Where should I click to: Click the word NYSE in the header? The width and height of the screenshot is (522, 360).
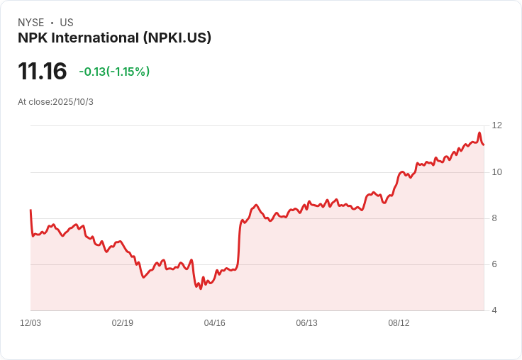point(30,23)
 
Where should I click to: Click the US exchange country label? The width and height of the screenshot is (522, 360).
point(67,23)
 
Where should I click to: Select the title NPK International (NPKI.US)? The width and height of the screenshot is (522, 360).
point(114,38)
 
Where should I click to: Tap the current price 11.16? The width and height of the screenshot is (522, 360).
point(43,72)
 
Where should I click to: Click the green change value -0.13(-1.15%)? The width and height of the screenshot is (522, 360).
point(114,72)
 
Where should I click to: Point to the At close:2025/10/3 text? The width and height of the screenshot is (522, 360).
point(55,102)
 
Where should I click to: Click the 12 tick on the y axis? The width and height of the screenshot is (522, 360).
point(496,125)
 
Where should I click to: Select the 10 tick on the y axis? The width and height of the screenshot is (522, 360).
point(496,172)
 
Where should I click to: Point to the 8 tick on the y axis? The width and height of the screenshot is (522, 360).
point(494,218)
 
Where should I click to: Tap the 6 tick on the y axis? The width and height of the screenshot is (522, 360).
point(494,264)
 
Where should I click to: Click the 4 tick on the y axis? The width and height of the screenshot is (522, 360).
point(494,310)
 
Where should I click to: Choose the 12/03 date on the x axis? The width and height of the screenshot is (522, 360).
point(30,323)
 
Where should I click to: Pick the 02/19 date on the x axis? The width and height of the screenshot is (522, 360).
point(123,323)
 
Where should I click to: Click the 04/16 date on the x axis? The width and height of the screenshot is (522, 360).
point(215,323)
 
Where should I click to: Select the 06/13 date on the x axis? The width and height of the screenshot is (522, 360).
point(306,323)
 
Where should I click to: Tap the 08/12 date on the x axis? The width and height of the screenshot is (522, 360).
point(399,323)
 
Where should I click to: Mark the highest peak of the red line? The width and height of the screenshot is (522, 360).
point(479,133)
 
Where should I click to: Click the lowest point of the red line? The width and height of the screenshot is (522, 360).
point(201,288)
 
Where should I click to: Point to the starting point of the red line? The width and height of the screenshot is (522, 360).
point(30,210)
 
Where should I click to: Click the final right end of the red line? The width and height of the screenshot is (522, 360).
point(484,145)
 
